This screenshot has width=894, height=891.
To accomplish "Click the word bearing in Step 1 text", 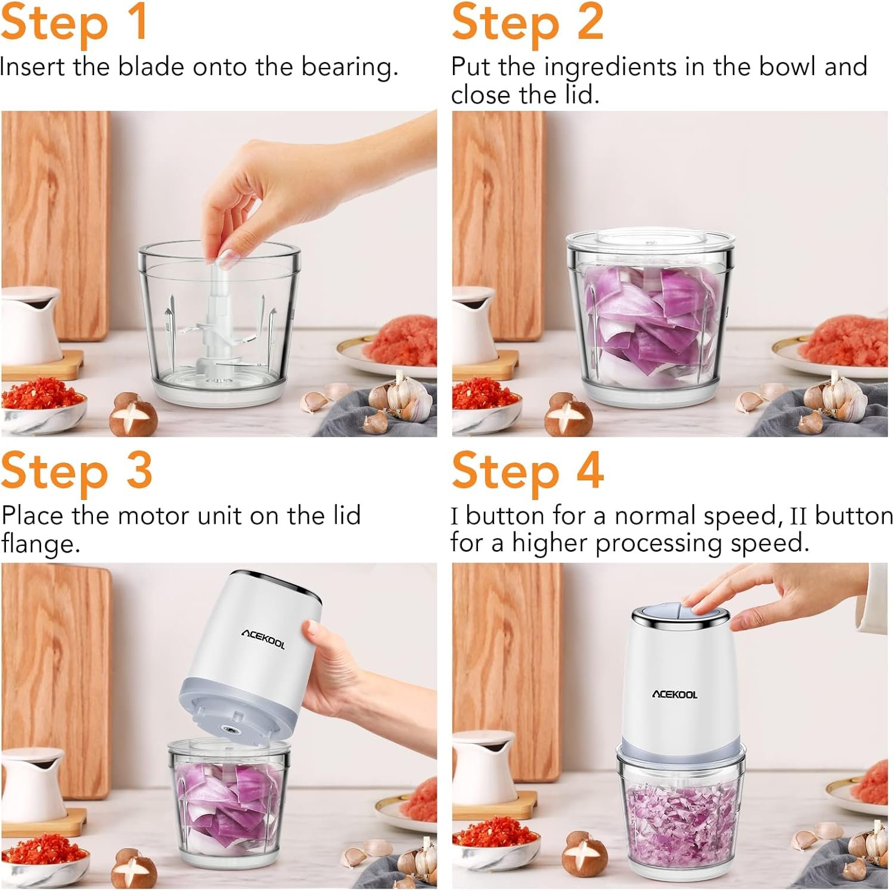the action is pyautogui.click(x=349, y=67).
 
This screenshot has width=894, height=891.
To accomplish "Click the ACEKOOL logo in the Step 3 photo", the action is pyautogui.click(x=263, y=638).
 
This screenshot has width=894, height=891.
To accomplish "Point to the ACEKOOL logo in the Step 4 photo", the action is pyautogui.click(x=674, y=694).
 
